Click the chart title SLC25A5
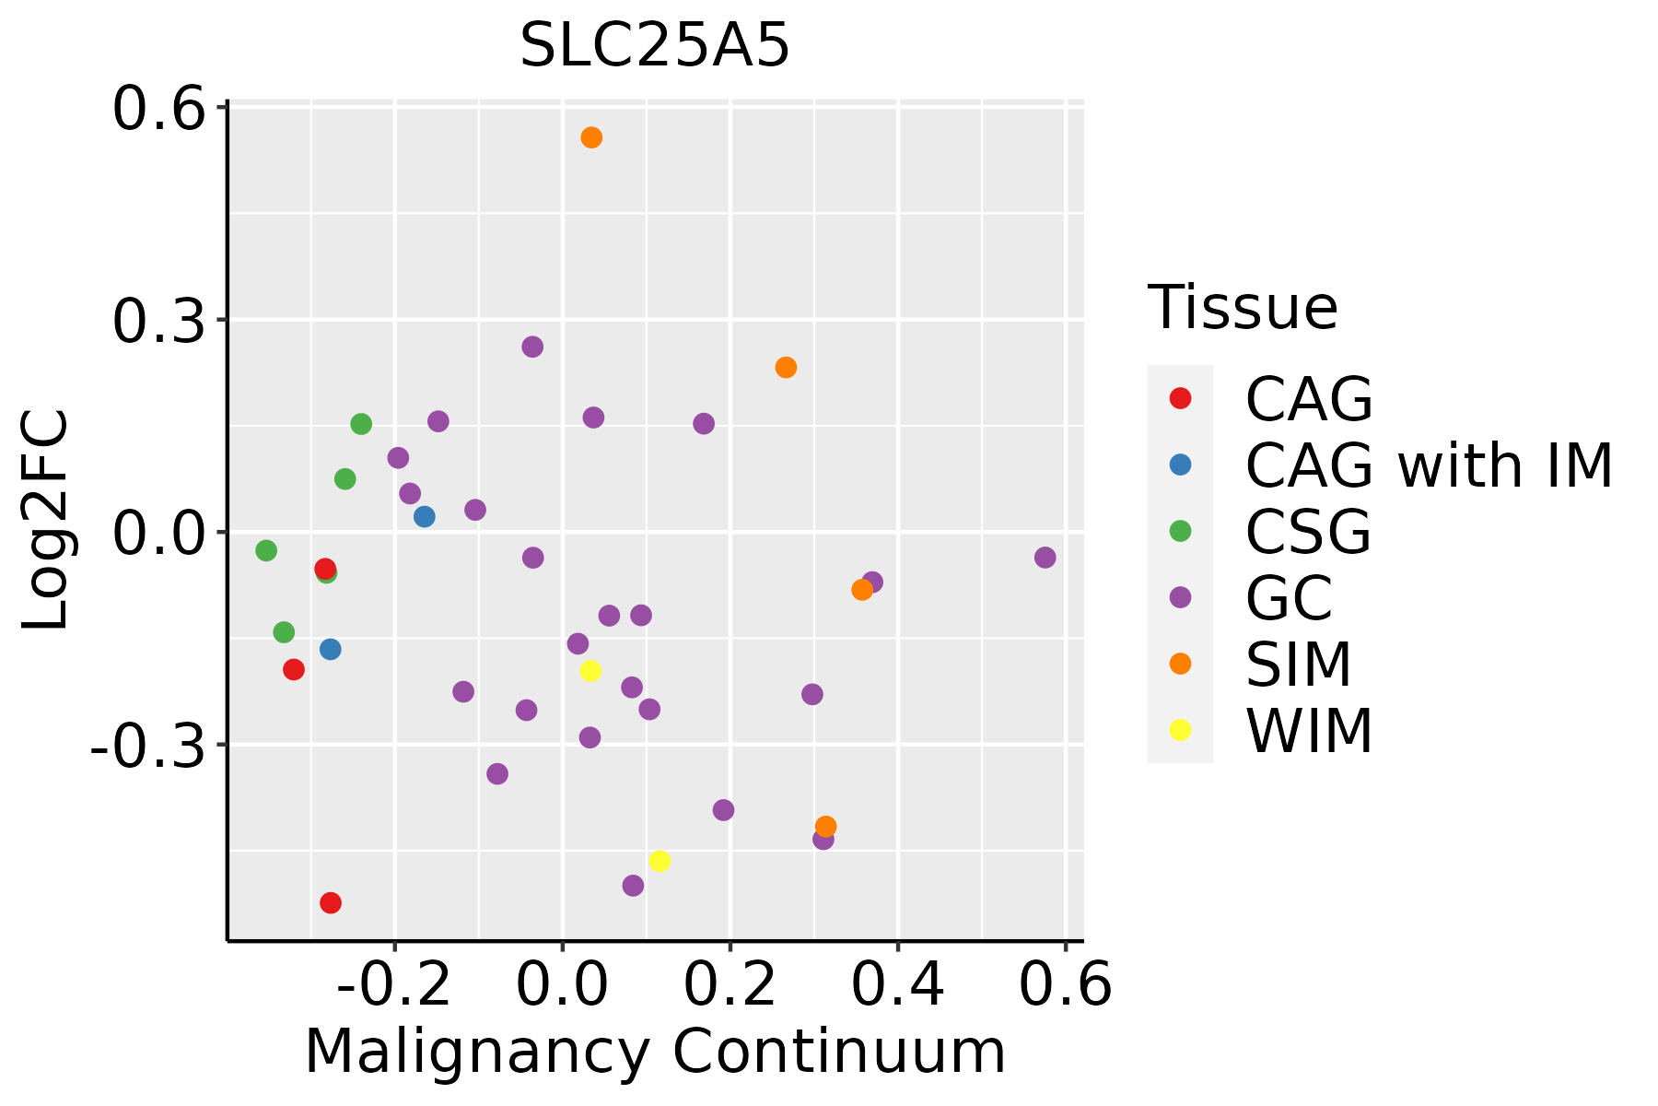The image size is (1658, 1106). tap(655, 45)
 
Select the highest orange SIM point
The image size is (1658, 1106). tap(591, 137)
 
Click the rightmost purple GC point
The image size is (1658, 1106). tap(1045, 558)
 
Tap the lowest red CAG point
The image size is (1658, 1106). tap(331, 902)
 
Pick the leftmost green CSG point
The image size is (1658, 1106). tap(266, 550)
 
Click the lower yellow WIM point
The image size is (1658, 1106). tap(660, 861)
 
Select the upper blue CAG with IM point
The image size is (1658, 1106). tap(425, 516)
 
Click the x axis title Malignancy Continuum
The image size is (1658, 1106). tap(655, 1052)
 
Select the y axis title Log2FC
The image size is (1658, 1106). tap(46, 521)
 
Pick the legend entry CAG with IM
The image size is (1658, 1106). tap(1429, 465)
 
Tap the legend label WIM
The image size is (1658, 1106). tap(1309, 731)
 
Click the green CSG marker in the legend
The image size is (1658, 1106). tap(1180, 531)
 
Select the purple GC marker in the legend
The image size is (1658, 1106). tap(1180, 597)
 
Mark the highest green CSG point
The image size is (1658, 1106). tap(361, 424)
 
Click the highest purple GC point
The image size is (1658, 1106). tap(532, 347)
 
